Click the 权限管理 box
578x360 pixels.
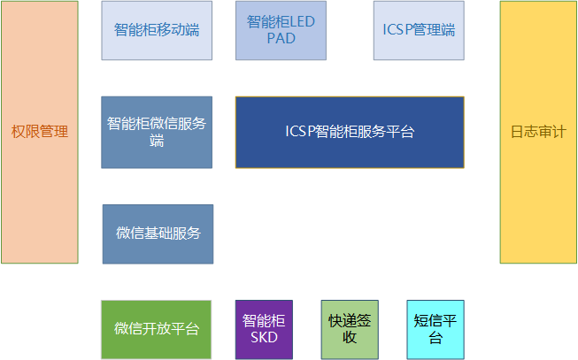pos(40,133)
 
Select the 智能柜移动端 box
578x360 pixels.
pos(157,31)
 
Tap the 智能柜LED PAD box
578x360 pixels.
pos(281,31)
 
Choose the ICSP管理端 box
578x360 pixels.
pos(419,31)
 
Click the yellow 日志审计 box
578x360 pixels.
pos(538,133)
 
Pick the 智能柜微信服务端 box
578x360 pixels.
pos(157,133)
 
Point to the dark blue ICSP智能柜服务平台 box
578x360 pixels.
pos(350,133)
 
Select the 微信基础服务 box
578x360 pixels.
pos(158,234)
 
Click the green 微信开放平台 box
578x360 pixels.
pos(157,329)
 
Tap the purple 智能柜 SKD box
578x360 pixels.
pos(264,329)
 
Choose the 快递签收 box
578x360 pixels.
pos(350,329)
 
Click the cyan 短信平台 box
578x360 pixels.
pos(435,329)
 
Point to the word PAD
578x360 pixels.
pos(281,38)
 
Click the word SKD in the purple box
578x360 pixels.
pos(264,337)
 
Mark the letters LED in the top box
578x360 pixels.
pos(303,22)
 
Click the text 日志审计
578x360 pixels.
pos(538,132)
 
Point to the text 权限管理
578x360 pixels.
pos(40,132)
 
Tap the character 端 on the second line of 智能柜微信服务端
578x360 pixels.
pos(157,141)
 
